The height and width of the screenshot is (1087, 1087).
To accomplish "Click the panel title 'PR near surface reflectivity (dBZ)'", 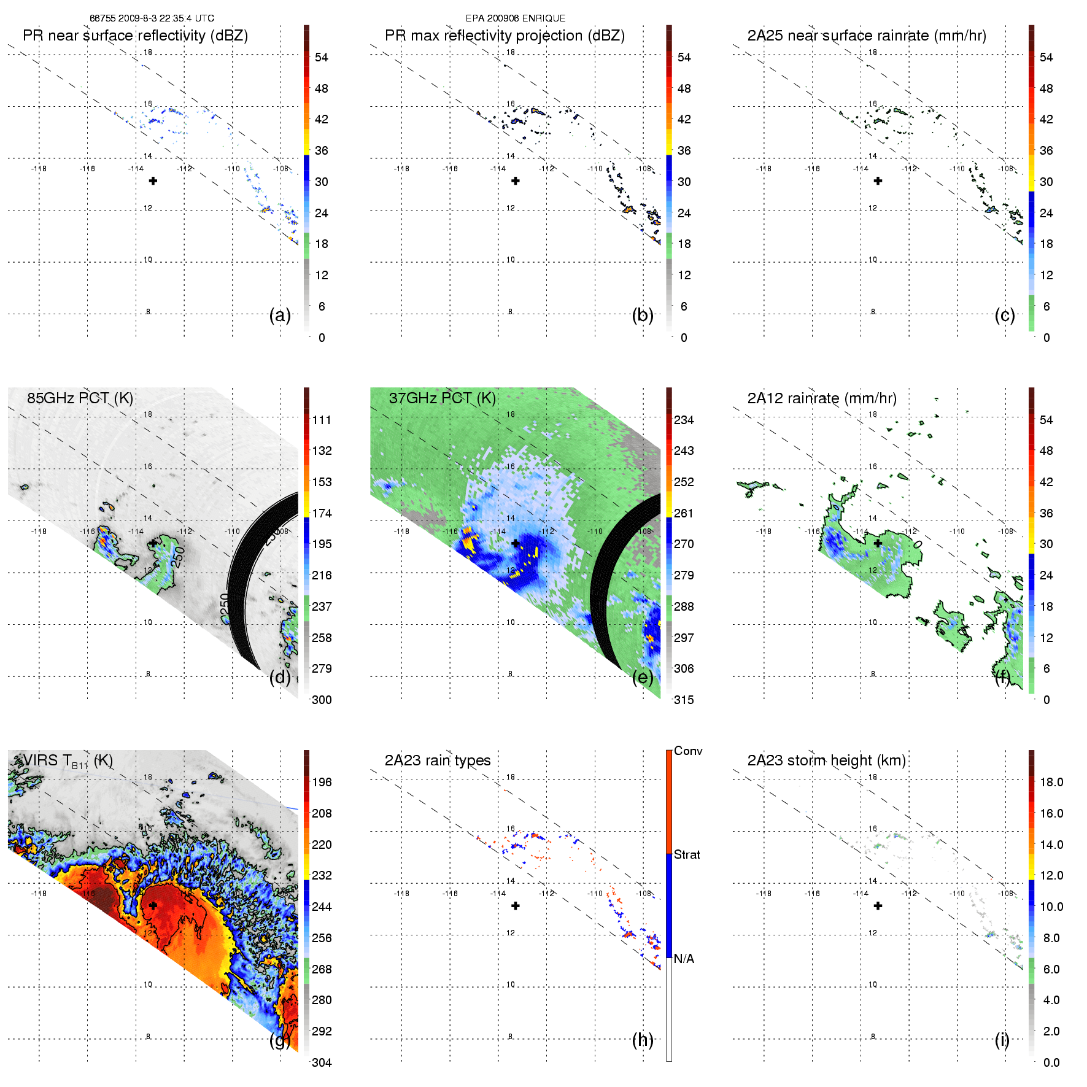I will (x=135, y=36).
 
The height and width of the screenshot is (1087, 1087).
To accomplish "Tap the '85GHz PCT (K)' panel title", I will (x=80, y=398).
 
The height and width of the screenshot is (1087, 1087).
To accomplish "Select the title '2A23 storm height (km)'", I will (x=826, y=760).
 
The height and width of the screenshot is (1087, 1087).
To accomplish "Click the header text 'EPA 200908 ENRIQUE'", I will (x=516, y=18).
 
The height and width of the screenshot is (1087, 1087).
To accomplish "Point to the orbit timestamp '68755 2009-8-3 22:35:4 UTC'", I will (x=152, y=18).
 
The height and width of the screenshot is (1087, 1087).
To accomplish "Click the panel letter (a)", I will (x=280, y=315).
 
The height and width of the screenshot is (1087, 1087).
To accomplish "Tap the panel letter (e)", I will (x=643, y=678).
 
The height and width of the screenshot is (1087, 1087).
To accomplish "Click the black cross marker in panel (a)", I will (x=153, y=180).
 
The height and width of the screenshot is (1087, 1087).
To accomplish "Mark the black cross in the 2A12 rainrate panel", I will (x=878, y=543).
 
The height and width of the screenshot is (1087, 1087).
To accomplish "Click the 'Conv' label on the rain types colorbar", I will (x=688, y=751).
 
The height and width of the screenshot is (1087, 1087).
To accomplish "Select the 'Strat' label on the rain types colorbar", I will (x=687, y=854).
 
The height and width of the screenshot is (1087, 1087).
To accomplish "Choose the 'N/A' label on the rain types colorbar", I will (x=684, y=959).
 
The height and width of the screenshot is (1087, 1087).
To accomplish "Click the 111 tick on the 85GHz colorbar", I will (x=322, y=420).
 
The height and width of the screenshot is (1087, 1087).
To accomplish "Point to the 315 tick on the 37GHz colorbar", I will (x=684, y=700).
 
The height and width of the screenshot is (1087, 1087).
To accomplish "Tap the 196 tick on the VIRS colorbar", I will (x=322, y=782).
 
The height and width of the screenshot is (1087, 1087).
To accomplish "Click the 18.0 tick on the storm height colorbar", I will (x=1051, y=782).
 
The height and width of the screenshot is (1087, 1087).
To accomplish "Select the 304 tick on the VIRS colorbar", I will (x=322, y=1062).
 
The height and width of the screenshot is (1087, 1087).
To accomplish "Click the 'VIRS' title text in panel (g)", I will (x=41, y=760).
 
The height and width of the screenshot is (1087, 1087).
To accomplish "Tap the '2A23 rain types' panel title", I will (x=438, y=760).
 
